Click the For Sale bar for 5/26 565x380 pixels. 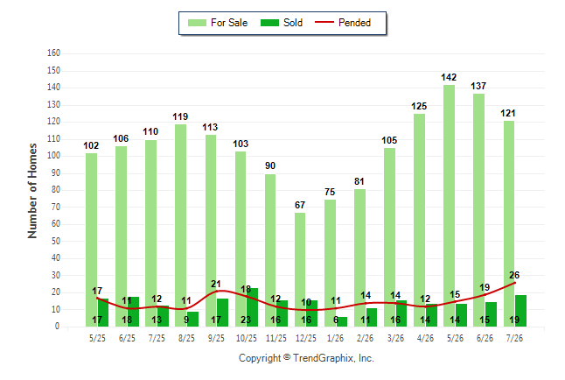tap(449, 206)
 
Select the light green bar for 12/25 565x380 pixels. tap(300, 270)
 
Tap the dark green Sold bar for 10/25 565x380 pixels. tap(252, 307)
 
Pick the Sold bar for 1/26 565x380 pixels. tap(341, 322)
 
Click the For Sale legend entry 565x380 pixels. tap(218, 23)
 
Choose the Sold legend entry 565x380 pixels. tap(282, 23)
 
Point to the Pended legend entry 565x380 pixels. tap(343, 23)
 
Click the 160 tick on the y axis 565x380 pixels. tap(53, 53)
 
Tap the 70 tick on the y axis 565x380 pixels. tap(55, 208)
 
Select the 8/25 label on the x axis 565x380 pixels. tap(186, 338)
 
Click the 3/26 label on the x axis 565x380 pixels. tap(395, 338)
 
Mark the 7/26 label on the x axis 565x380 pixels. tap(514, 338)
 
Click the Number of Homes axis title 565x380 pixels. tap(32, 191)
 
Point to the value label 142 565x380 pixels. tap(449, 77)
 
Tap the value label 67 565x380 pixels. tap(300, 205)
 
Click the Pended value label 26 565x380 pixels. tap(514, 275)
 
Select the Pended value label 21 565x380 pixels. tap(216, 284)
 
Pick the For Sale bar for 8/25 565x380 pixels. tap(180, 226)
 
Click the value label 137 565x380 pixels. tap(478, 86)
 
